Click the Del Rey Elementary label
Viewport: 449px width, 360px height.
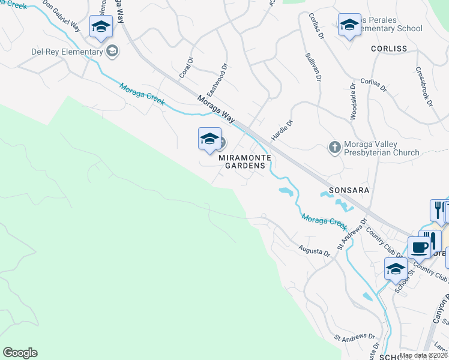[67, 52]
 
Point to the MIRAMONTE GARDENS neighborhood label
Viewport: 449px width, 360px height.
[243, 161]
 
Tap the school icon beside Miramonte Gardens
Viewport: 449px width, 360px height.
[209, 139]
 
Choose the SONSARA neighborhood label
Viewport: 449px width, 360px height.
[345, 190]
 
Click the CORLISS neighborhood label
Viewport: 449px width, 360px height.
[388, 48]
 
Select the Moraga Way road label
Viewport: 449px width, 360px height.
[216, 107]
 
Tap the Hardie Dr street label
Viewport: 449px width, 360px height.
[282, 130]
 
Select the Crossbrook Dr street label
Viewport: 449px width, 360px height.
[423, 86]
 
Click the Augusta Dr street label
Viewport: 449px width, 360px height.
[315, 250]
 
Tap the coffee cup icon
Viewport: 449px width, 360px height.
[420, 246]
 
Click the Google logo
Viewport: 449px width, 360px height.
[19, 353]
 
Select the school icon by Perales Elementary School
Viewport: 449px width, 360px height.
[349, 25]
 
